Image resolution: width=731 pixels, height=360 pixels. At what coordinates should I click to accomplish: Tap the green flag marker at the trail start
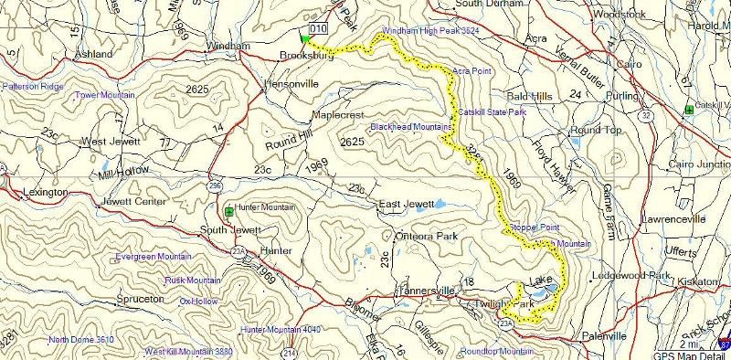click(x=304, y=38)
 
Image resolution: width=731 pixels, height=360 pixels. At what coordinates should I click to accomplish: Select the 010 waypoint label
click(x=318, y=29)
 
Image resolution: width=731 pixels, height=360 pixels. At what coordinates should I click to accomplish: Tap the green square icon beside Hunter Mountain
click(x=228, y=209)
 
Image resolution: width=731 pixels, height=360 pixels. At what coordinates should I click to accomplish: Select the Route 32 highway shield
click(x=646, y=116)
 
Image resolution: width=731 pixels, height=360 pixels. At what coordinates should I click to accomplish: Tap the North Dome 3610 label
click(x=81, y=340)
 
